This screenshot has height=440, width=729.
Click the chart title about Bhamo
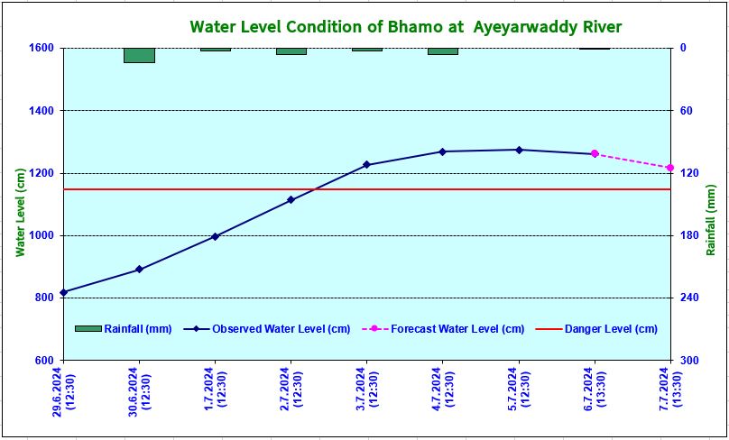[x=405, y=26]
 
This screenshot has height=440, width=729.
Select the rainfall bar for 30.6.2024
[x=139, y=55]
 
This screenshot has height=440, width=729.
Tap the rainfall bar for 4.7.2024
[x=442, y=51]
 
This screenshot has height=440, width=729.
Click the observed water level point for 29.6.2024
[x=63, y=292]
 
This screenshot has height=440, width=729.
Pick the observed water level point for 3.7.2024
[x=366, y=165]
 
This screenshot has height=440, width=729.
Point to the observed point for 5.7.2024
[x=519, y=150]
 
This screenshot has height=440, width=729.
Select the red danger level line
[x=271, y=189]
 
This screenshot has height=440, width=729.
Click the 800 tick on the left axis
[x=42, y=298]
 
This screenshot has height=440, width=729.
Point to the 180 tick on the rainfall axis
[x=690, y=236]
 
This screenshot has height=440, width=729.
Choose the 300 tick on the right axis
[x=690, y=361]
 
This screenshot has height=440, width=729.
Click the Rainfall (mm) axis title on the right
[x=712, y=211]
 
